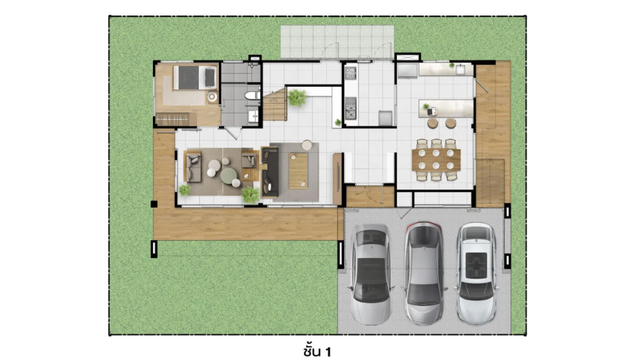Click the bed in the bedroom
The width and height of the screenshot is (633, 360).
pyautogui.click(x=195, y=77)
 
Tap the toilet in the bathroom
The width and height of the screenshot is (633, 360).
pyautogui.click(x=252, y=95)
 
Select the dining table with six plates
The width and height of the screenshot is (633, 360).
pyautogui.click(x=436, y=160)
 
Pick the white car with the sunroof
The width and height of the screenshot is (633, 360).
pyautogui.click(x=476, y=273)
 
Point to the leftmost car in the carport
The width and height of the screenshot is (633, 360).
pyautogui.click(x=371, y=274)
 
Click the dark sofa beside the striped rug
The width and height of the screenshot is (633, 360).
pyautogui.click(x=270, y=172)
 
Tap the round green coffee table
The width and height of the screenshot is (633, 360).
pyautogui.click(x=229, y=176)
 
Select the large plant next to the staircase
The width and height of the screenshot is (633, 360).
pyautogui.click(x=297, y=98)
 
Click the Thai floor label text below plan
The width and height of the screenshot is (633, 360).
pyautogui.click(x=317, y=352)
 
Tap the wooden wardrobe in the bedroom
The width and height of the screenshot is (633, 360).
pyautogui.click(x=176, y=119)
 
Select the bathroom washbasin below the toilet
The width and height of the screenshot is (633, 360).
pyautogui.click(x=253, y=116)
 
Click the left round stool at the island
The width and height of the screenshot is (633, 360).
pyautogui.click(x=433, y=123)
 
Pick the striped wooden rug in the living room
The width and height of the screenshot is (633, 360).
pyautogui.click(x=298, y=171)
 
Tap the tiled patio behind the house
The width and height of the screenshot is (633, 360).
pyautogui.click(x=337, y=42)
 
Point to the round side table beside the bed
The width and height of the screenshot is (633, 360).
pyautogui.click(x=212, y=97)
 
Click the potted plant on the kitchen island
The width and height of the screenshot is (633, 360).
pyautogui.click(x=426, y=106)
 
